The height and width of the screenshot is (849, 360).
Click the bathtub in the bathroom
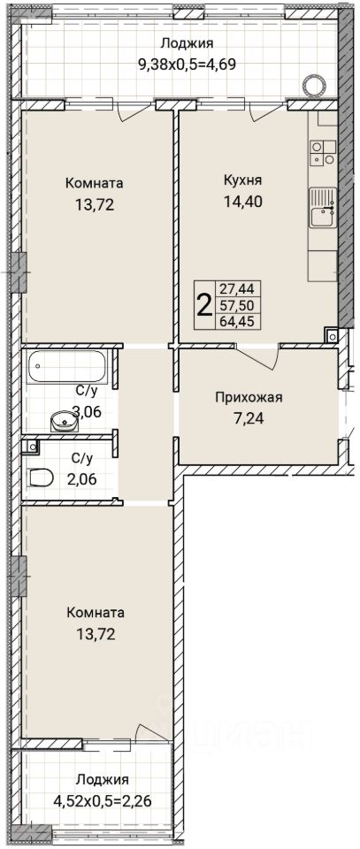click(68, 366)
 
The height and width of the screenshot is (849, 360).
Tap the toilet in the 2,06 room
click(41, 477)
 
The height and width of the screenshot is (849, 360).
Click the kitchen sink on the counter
click(323, 209)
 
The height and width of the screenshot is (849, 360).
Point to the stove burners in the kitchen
click(323, 152)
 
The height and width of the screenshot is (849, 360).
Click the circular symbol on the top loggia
click(314, 85)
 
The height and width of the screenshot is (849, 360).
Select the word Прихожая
click(249, 398)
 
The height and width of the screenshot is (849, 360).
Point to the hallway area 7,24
click(249, 419)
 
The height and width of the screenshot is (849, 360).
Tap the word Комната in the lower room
click(96, 613)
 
